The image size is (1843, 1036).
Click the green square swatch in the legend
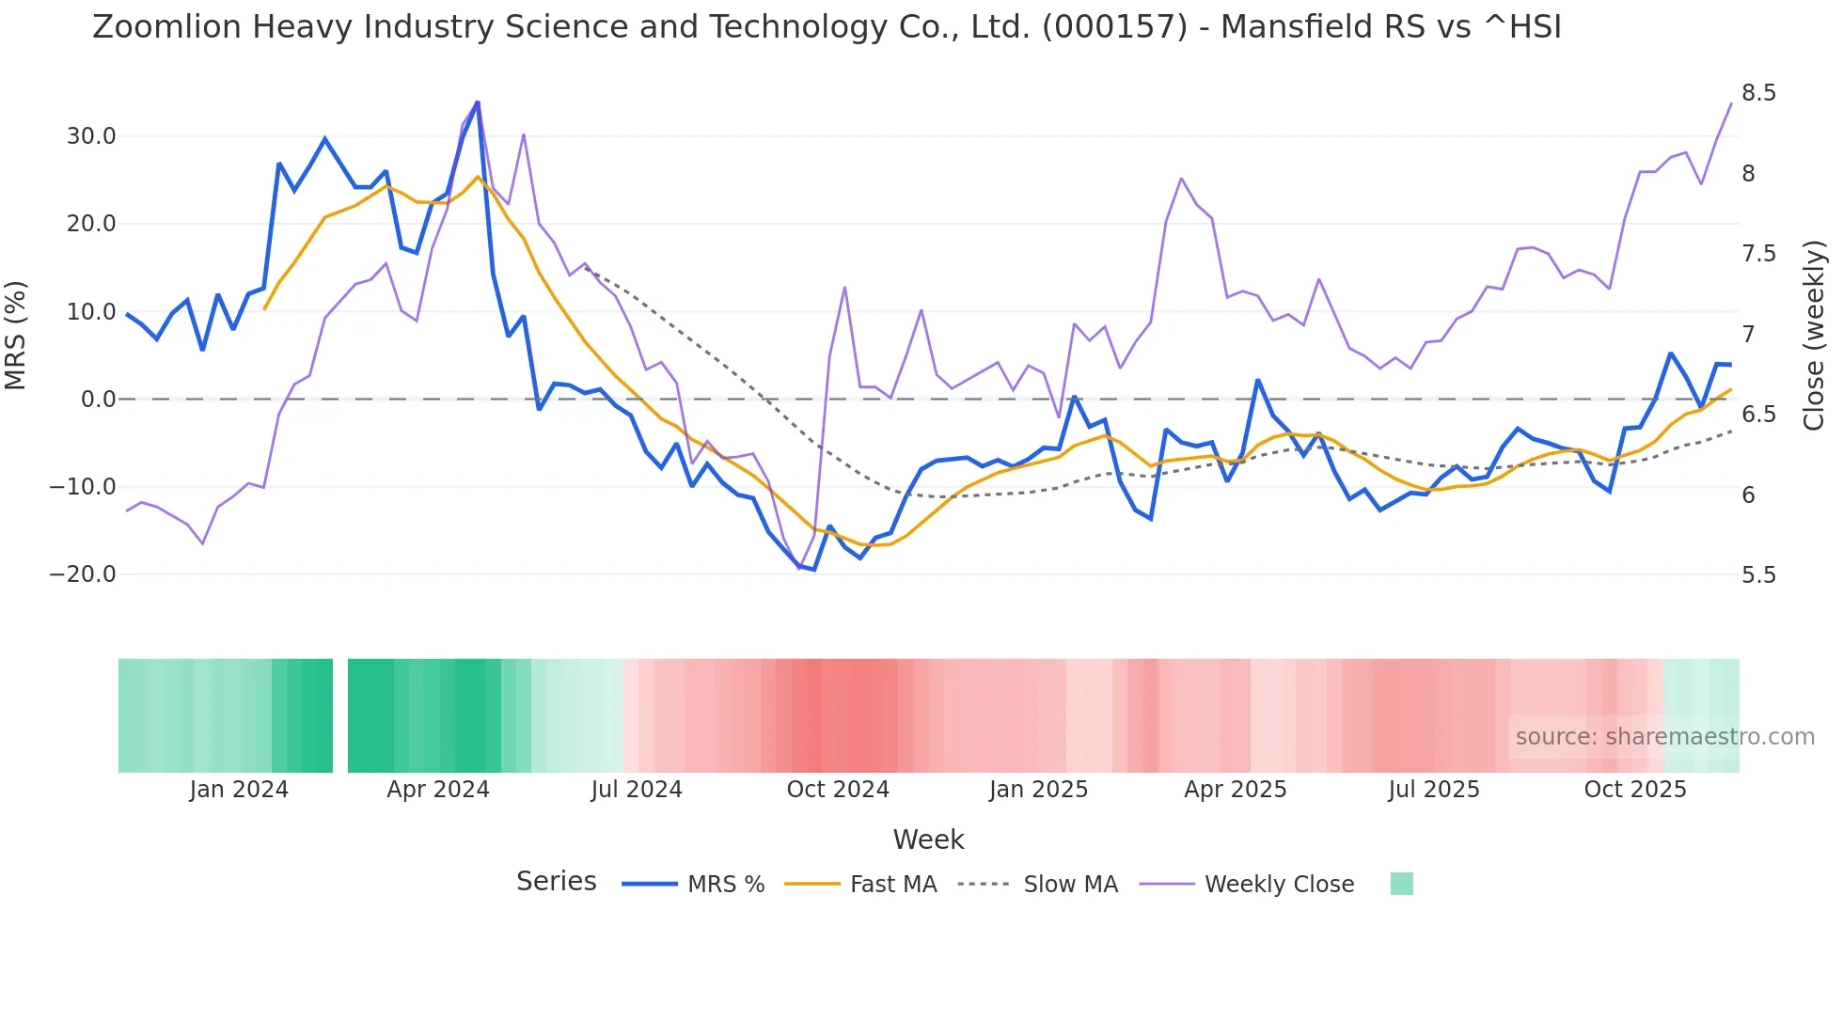1401,884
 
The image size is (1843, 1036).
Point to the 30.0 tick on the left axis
91,136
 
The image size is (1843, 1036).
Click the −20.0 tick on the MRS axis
83,574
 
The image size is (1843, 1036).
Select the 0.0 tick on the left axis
99,400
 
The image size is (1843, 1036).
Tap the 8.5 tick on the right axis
1758,93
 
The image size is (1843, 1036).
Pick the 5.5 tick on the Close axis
1758,575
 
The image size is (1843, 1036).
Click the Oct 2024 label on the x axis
838,790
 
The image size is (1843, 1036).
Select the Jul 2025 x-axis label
1434,790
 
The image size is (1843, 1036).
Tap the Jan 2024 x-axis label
239,790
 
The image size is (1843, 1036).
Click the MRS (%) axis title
16,336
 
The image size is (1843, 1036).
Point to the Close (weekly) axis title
1814,336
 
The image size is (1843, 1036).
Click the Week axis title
928,840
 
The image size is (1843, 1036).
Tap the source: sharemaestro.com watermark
1664,737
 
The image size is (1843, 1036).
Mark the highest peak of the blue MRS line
478,102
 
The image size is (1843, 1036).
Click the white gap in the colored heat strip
340,715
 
